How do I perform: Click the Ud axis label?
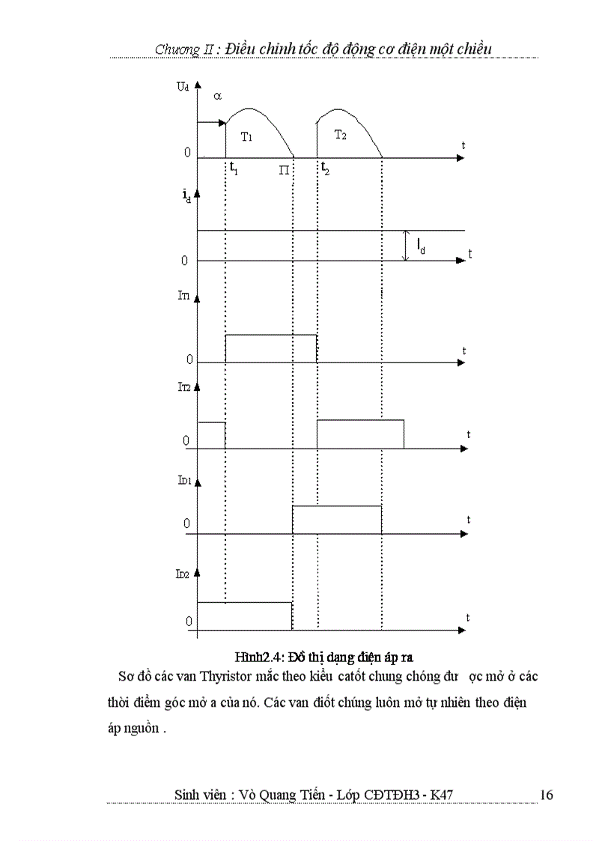click(182, 87)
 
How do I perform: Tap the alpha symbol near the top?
click(217, 97)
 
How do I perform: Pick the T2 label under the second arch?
click(340, 135)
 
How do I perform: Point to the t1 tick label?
click(234, 169)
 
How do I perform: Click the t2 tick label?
click(325, 168)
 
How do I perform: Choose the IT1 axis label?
click(183, 296)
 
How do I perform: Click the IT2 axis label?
click(183, 387)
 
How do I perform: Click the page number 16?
click(546, 795)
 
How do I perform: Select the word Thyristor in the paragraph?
click(229, 676)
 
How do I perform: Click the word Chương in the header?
click(175, 49)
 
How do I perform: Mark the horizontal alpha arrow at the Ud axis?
click(211, 123)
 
